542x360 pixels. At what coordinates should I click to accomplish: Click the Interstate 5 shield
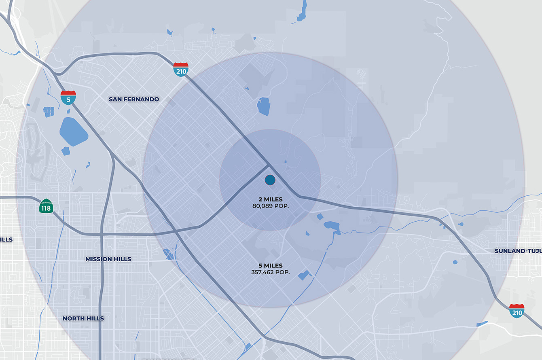point(68,98)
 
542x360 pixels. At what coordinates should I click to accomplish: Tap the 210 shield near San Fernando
point(181,70)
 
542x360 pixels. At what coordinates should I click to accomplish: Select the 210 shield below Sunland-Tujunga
point(517,311)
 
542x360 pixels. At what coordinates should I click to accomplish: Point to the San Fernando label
point(134,99)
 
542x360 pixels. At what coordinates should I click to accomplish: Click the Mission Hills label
point(108,259)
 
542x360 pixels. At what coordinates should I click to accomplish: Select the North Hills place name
point(83,318)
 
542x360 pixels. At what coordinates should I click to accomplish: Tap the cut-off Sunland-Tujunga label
point(518,251)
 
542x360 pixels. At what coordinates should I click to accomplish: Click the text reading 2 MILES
point(270,199)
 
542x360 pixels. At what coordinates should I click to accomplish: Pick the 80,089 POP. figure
point(270,205)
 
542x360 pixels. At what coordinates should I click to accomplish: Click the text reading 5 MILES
point(270,266)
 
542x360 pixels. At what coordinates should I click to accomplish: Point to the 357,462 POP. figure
point(270,272)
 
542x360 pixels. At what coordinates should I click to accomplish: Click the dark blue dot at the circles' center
point(270,180)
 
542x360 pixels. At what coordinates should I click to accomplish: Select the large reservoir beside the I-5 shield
point(74,131)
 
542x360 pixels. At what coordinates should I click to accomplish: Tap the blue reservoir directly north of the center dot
point(263,106)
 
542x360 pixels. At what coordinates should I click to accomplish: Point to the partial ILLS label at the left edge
point(6,239)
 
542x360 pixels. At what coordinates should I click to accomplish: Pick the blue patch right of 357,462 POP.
point(303,275)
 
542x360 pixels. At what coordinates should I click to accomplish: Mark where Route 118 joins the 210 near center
point(268,165)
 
